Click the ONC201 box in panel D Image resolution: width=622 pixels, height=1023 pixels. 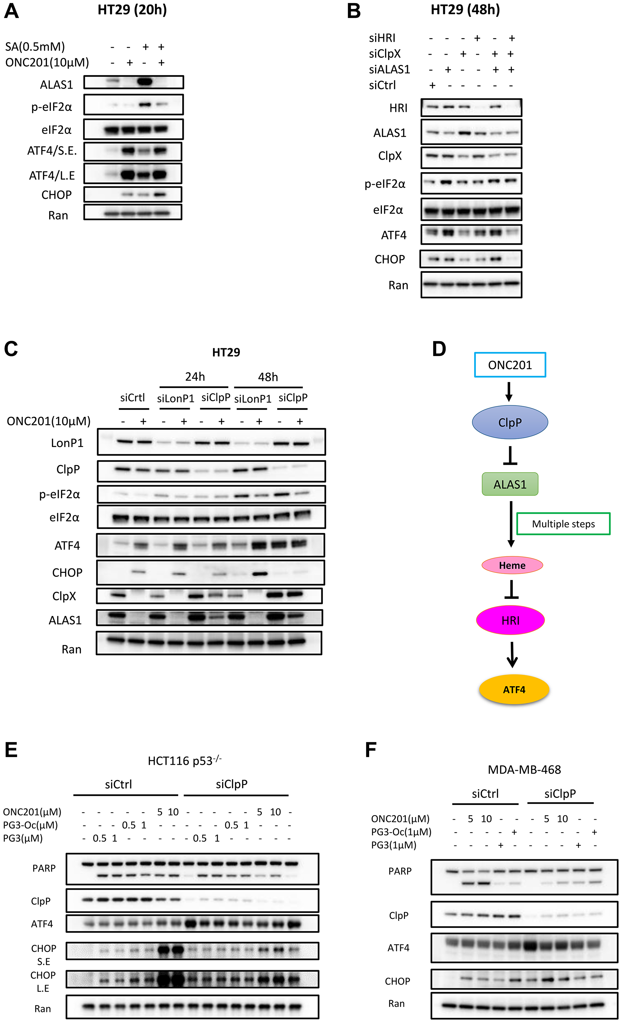tap(510, 365)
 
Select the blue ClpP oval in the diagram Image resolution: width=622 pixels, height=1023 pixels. tap(510, 422)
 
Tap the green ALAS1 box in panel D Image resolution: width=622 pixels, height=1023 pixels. tap(510, 484)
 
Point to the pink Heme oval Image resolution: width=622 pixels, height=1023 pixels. tap(512, 565)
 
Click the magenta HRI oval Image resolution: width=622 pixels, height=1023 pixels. tap(510, 620)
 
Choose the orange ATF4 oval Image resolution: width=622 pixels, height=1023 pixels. tap(514, 690)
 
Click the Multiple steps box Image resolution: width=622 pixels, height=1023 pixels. tap(563, 524)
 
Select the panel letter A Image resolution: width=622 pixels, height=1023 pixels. tap(11, 11)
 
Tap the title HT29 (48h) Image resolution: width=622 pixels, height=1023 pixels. tap(465, 10)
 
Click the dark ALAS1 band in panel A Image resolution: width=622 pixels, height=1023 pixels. tap(145, 82)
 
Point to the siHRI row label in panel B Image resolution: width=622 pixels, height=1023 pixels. tap(382, 38)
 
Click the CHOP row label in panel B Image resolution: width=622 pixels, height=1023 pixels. tap(389, 259)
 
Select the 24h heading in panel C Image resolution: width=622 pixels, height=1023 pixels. tap(195, 377)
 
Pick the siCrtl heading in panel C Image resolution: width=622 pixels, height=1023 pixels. tap(132, 398)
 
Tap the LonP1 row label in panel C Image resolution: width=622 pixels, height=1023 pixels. tap(67, 443)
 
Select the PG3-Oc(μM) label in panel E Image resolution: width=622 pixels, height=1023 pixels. tap(30, 825)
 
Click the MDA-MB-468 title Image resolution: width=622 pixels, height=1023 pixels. tap(524, 769)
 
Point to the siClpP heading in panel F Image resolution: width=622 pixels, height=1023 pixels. tap(560, 793)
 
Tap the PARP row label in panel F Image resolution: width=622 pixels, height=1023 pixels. tap(400, 871)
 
